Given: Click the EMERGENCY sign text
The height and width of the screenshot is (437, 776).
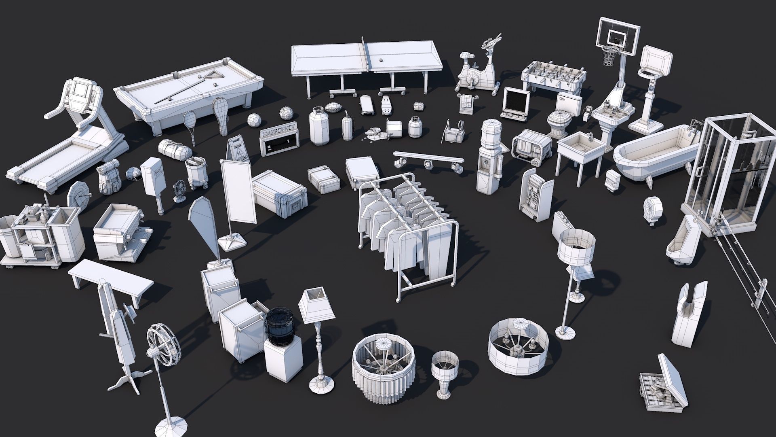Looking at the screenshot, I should click(279, 133).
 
